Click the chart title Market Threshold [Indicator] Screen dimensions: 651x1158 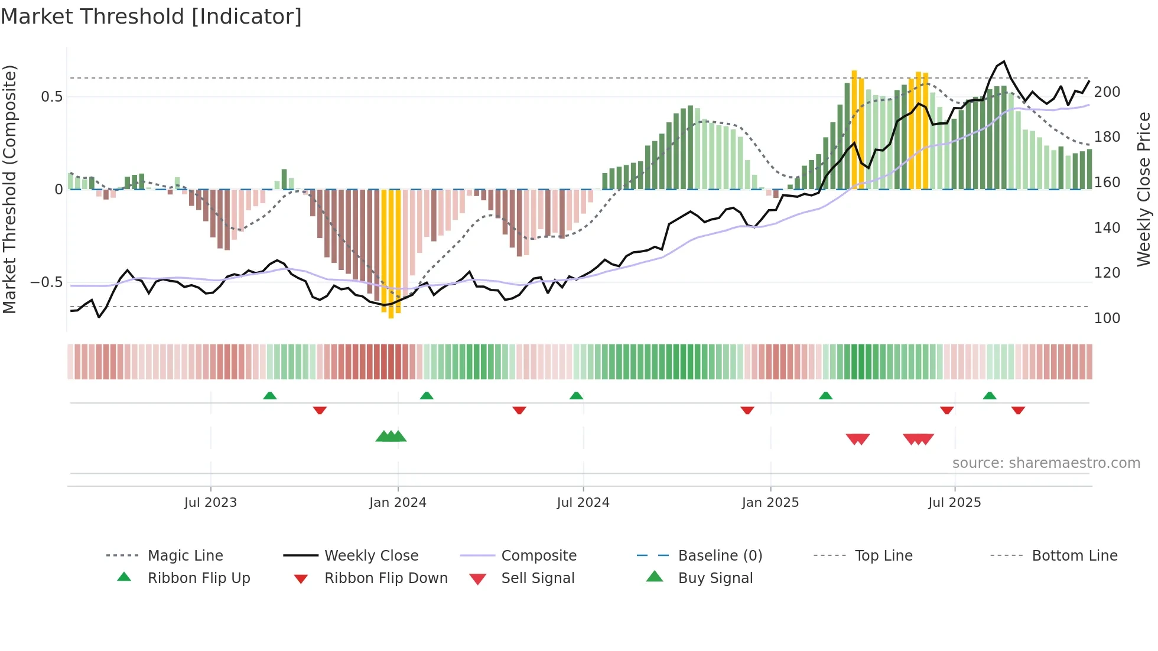[151, 17]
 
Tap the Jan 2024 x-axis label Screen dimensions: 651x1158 [398, 503]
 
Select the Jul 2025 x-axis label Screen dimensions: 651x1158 [954, 503]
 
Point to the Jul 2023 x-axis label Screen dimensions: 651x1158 [210, 503]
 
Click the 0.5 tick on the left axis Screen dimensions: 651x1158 [51, 97]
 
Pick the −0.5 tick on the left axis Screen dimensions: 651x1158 [47, 282]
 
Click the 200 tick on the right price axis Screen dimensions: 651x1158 [1107, 92]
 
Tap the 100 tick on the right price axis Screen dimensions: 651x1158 [1107, 318]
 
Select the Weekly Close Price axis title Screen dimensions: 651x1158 [1144, 189]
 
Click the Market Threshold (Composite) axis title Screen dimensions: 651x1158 [9, 189]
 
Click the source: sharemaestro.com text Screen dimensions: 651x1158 [1046, 463]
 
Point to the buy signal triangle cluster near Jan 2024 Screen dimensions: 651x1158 [391, 437]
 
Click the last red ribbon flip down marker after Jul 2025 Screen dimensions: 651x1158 [1018, 410]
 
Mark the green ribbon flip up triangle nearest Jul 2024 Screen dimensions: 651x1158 [576, 395]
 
